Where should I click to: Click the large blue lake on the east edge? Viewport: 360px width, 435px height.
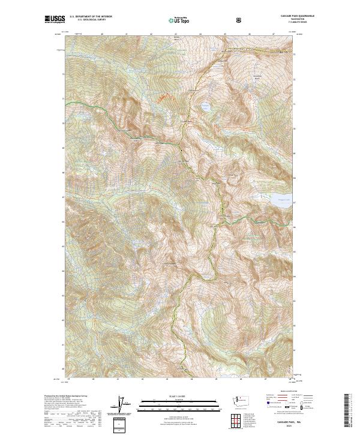coord(283,202)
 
